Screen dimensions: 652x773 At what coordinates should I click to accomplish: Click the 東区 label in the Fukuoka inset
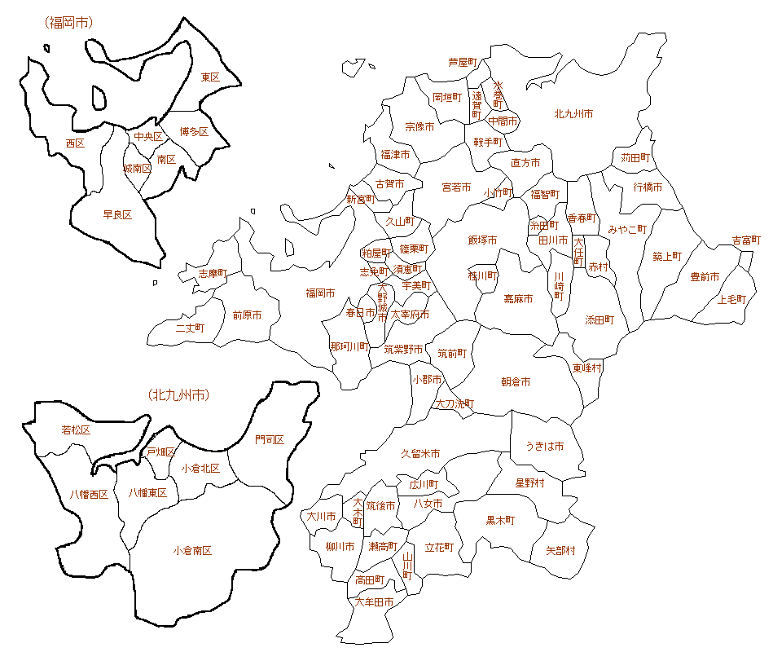coord(210,77)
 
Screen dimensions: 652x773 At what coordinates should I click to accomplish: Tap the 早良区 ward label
coord(117,215)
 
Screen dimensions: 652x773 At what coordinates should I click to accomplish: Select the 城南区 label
coord(137,169)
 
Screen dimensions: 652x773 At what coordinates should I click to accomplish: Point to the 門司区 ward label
coord(270,440)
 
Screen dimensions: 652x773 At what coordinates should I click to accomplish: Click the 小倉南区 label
coord(192,551)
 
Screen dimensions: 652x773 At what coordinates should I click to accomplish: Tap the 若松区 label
coord(76,430)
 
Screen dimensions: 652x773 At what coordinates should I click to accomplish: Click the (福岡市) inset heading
coord(69,23)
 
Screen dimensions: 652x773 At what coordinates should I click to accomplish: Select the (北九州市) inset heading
coord(179,395)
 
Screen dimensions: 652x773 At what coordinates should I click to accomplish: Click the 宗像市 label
coord(419,127)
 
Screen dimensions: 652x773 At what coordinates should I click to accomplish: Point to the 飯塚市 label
coord(482,240)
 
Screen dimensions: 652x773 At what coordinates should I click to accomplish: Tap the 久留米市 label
coord(420,453)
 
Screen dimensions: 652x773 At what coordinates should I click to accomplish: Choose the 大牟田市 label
coord(375,602)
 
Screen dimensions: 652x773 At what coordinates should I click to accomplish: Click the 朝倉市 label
coord(516,381)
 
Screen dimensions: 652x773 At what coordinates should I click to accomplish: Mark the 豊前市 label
coord(705,277)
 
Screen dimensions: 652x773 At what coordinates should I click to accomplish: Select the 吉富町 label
coord(746,240)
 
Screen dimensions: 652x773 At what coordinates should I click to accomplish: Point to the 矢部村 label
coord(560,551)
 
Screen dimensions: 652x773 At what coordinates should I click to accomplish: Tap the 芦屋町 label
coord(463,62)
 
